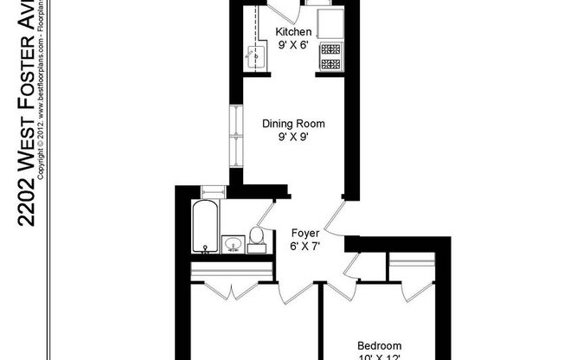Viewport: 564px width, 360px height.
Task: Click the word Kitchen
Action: (292, 33)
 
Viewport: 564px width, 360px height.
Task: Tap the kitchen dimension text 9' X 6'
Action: (292, 46)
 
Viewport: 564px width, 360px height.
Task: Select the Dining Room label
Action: (292, 124)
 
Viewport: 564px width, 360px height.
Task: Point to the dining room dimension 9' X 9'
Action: (292, 138)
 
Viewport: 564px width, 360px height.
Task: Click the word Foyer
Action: (304, 234)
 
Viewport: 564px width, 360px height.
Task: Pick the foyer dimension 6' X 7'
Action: (304, 247)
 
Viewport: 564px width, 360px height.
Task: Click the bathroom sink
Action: (233, 245)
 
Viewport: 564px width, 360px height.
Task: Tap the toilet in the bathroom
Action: (257, 238)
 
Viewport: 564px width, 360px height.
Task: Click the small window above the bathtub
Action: (210, 191)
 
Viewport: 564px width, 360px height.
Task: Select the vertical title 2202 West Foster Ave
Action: (27, 112)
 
